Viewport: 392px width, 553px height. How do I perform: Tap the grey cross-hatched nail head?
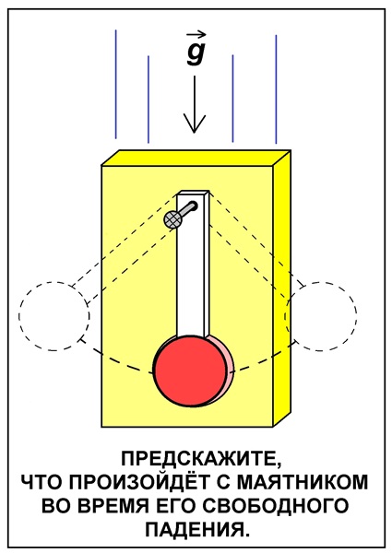pyautogui.click(x=172, y=219)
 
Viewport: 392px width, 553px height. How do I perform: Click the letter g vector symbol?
pyautogui.click(x=196, y=53)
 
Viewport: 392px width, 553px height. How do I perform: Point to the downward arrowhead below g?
pyautogui.click(x=194, y=124)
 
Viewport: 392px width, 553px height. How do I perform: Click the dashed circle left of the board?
pyautogui.click(x=19, y=316)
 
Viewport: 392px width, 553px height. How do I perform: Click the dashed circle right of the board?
pyautogui.click(x=356, y=316)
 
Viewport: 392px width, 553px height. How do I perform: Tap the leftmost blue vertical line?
pyautogui.click(x=115, y=85)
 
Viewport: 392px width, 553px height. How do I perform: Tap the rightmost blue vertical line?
pyautogui.click(x=276, y=89)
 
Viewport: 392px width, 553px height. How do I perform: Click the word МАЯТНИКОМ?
pyautogui.click(x=302, y=482)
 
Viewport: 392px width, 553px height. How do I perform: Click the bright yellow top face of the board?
pyautogui.click(x=196, y=158)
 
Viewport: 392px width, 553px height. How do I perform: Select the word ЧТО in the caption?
pyautogui.click(x=42, y=482)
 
